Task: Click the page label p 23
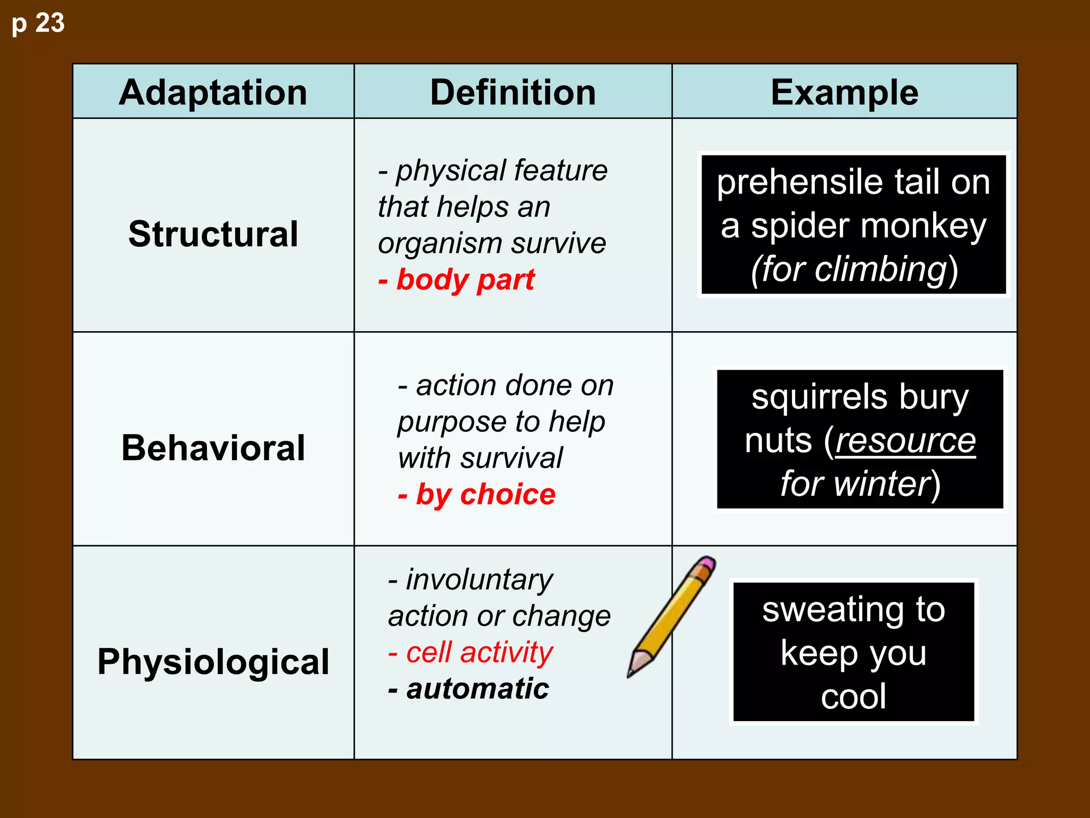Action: pos(38,23)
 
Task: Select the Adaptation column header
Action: pos(213,93)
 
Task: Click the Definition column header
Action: pos(513,93)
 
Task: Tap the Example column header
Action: pos(844,93)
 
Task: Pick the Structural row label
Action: pos(213,234)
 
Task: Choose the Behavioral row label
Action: pos(213,447)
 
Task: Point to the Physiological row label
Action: pos(213,661)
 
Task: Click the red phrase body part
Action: pos(465,280)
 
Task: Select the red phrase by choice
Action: pos(485,494)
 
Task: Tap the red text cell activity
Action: pos(479,652)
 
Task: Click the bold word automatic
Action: pos(477,689)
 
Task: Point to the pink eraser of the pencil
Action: pos(707,562)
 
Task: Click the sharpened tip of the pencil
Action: pos(631,674)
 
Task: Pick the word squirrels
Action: pos(820,397)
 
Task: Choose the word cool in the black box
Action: pos(853,696)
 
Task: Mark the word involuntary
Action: pos(479,579)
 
